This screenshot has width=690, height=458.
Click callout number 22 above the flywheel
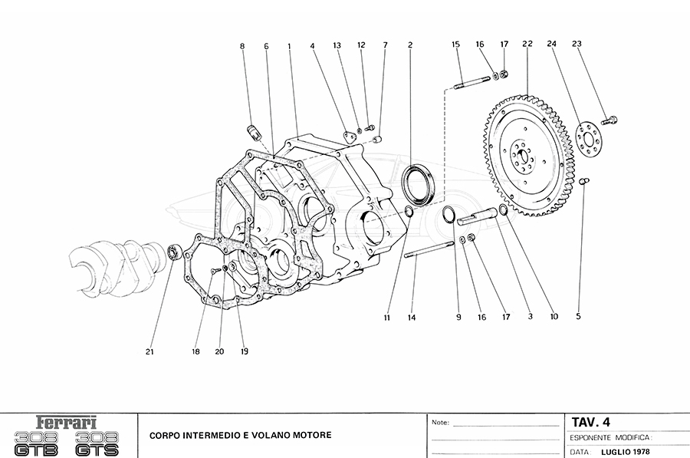point(527,44)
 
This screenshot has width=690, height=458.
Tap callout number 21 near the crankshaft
point(150,352)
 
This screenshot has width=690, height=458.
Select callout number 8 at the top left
point(242,46)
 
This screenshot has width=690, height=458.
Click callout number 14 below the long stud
point(412,317)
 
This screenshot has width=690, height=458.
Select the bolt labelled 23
point(611,120)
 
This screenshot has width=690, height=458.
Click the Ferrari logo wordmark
point(68,423)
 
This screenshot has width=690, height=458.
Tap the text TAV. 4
point(591,421)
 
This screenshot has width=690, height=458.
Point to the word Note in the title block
point(440,423)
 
